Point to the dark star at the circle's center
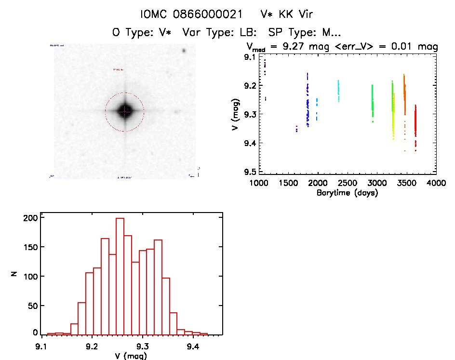pos(125,111)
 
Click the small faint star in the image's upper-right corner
pos(184,51)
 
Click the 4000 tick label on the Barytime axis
pos(436,183)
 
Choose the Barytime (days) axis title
pos(347,193)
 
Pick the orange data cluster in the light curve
pos(404,96)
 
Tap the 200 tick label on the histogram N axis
pos(30,218)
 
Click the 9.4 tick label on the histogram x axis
pos(193,346)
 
